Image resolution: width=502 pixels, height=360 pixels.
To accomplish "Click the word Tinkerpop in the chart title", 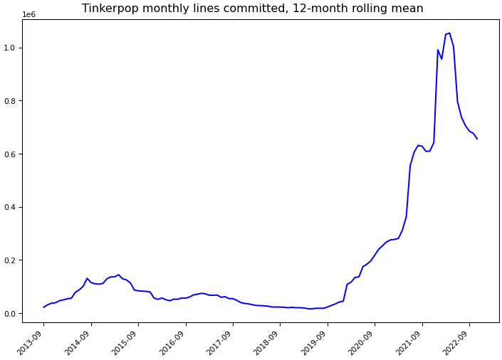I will pos(108,9).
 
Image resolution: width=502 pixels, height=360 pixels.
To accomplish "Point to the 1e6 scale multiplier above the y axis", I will pos(29,14).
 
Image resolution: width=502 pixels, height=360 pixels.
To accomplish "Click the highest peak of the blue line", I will pos(449,33).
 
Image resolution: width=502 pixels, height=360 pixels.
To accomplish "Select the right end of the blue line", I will pos(477,139).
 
